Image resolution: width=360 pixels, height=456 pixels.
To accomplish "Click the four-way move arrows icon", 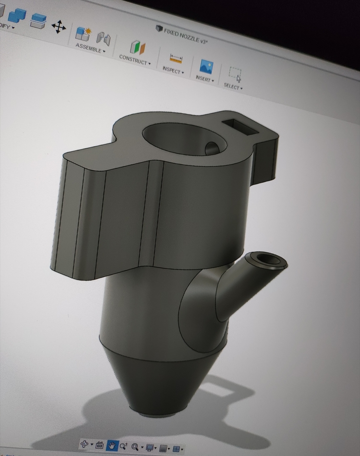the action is pyautogui.click(x=59, y=27).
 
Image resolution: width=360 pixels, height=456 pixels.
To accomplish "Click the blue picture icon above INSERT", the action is pyautogui.click(x=206, y=67).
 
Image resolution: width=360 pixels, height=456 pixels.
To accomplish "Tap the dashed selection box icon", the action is pyautogui.click(x=235, y=73).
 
